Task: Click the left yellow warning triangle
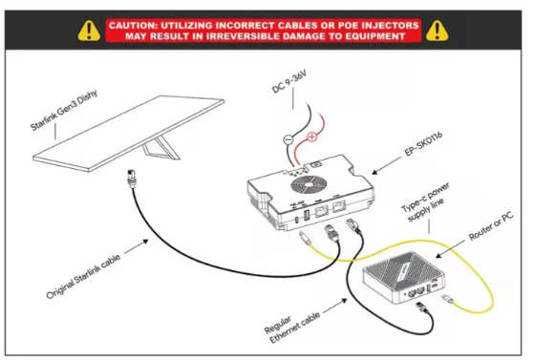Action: (x=89, y=32)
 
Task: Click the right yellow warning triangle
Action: (x=437, y=32)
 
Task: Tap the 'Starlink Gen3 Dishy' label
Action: (x=64, y=110)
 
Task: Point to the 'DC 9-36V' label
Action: (x=289, y=81)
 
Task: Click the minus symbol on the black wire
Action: (x=288, y=139)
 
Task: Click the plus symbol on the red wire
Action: (x=311, y=137)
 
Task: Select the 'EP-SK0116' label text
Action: (x=423, y=144)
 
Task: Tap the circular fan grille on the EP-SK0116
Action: (x=309, y=184)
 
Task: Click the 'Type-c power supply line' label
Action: (x=426, y=202)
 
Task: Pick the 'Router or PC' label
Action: (x=491, y=226)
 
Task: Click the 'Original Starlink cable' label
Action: (x=83, y=276)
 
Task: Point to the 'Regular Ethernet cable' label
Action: (x=292, y=327)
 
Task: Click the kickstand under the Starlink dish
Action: (x=160, y=148)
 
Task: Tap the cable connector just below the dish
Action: (x=131, y=178)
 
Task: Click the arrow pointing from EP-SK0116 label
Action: (x=386, y=165)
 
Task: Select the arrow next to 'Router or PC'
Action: (x=450, y=249)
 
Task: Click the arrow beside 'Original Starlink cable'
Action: (x=136, y=246)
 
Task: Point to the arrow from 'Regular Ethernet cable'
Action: (x=335, y=306)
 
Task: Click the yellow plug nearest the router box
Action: (x=447, y=299)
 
